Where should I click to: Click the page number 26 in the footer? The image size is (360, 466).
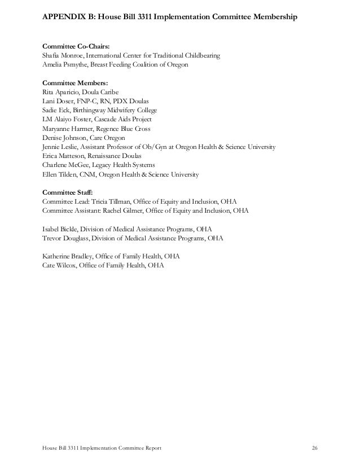pos(315,448)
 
